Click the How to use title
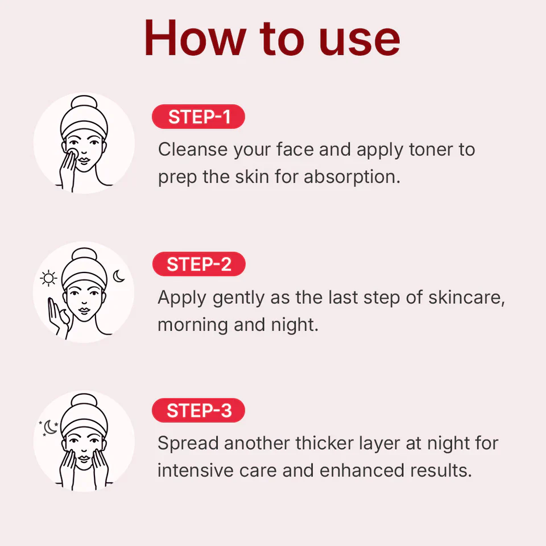coord(272,38)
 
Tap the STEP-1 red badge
coord(198,117)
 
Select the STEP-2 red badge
coord(199,264)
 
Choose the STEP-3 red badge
coord(199,411)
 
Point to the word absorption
coord(351,177)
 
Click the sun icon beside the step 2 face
coord(49,278)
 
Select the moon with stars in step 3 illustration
coord(49,427)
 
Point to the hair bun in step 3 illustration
coord(84,401)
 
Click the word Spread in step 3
coord(188,443)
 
